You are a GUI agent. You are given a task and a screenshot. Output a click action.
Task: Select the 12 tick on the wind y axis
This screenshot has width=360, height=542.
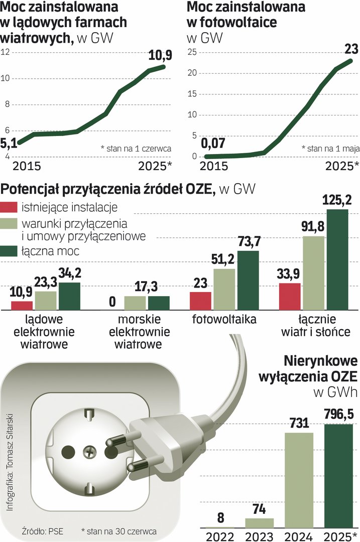6,52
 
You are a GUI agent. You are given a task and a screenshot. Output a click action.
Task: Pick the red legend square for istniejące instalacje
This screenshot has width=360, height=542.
9,207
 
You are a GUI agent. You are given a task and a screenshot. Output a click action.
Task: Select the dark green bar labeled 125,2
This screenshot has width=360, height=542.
337,259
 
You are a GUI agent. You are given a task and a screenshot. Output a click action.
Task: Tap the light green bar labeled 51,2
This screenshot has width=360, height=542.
224,289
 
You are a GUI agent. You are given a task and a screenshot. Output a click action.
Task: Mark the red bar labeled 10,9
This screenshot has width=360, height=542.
22,305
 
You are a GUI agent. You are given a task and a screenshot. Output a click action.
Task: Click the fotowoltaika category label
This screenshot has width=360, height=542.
224,320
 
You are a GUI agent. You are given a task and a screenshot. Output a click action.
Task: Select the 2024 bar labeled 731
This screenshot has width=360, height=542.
299,480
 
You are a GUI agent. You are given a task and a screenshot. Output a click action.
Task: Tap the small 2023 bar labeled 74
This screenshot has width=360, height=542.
259,522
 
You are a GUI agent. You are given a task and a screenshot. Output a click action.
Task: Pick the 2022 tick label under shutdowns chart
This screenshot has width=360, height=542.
220,534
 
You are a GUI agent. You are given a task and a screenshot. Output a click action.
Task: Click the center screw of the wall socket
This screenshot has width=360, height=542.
91,437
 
